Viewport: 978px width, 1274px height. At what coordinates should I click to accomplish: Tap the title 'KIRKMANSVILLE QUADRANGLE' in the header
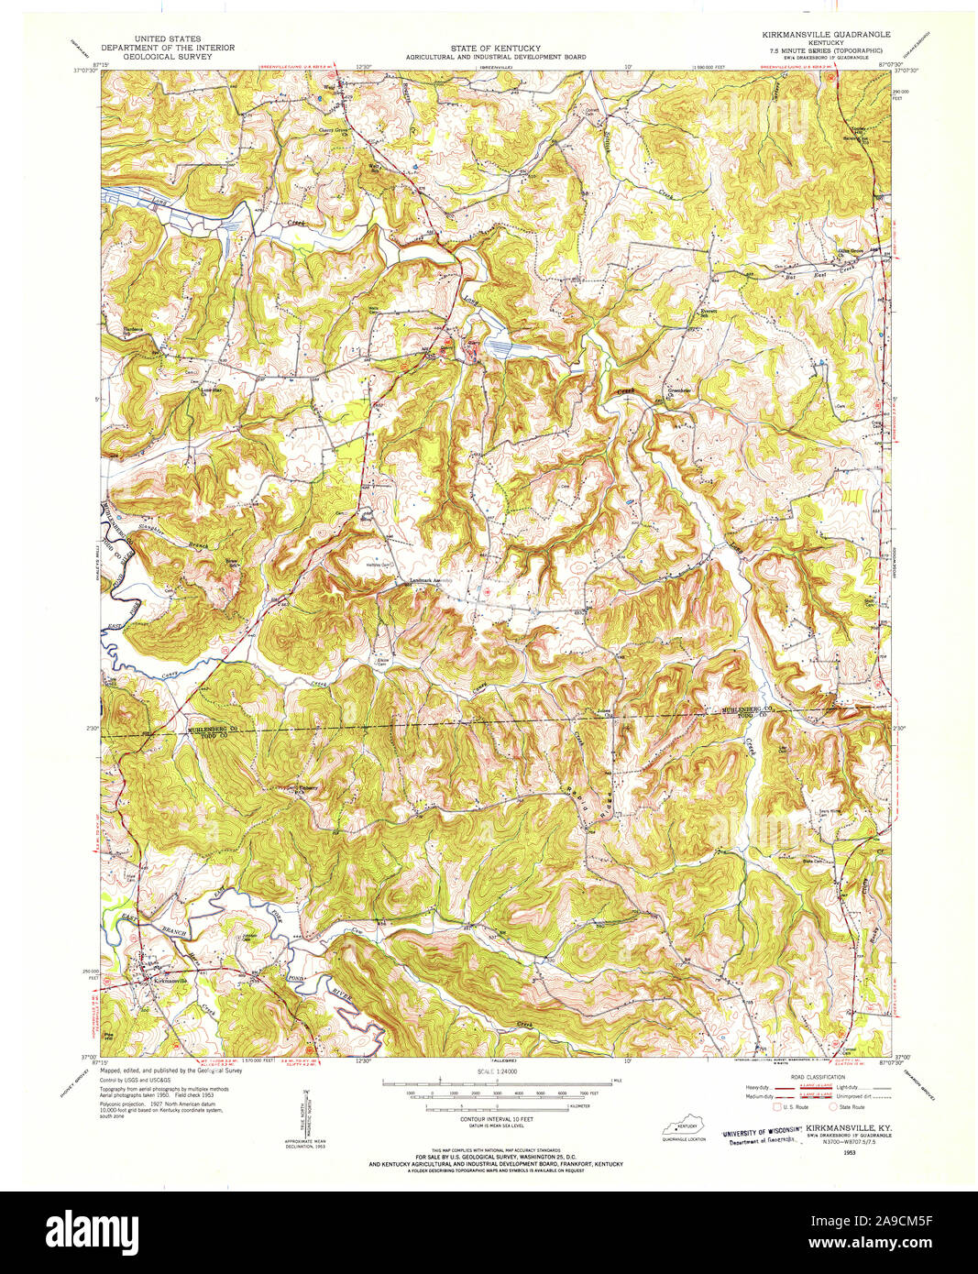[x=819, y=33]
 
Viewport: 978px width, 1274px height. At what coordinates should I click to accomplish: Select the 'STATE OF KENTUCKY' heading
[x=494, y=48]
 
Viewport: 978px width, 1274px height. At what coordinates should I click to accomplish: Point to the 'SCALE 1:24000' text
[x=496, y=1071]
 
